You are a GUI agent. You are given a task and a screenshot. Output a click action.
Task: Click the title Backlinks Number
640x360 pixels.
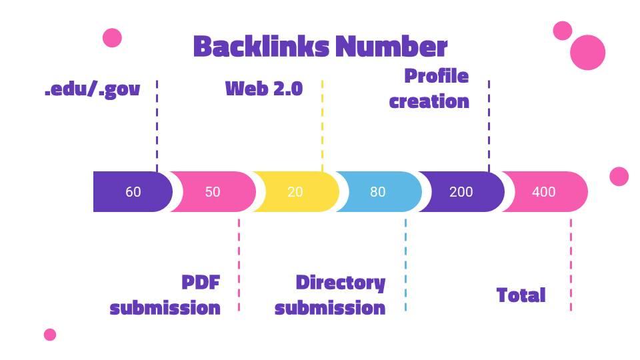[x=320, y=47]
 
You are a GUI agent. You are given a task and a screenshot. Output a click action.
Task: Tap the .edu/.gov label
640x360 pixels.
[x=92, y=89]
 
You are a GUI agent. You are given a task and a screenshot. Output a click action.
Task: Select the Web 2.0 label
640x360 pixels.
[x=263, y=88]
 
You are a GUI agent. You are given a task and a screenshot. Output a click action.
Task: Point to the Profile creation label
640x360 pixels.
[x=430, y=89]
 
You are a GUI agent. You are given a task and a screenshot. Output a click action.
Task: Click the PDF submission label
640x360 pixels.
[x=165, y=295]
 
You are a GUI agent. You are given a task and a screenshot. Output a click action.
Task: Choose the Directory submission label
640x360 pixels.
[x=330, y=295]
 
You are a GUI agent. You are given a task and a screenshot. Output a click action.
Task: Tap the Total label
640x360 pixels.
[x=521, y=295]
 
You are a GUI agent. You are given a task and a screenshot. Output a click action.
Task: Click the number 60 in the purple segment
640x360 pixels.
[x=133, y=192]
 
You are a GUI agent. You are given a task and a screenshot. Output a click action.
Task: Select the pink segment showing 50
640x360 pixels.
[x=213, y=192]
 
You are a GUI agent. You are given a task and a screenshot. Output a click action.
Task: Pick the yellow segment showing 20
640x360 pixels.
[x=295, y=192]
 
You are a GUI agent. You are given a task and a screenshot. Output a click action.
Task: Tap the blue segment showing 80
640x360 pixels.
[x=378, y=192]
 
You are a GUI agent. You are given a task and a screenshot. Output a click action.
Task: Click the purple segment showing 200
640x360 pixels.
[x=461, y=192]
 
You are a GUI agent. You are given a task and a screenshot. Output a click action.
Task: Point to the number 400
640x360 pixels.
[x=543, y=192]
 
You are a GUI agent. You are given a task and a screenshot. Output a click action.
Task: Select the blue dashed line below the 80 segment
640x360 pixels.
[x=405, y=263]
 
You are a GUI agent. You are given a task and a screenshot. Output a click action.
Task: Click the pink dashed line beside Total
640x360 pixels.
[x=571, y=263]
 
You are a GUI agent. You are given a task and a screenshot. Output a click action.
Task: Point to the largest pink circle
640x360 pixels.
[x=587, y=52]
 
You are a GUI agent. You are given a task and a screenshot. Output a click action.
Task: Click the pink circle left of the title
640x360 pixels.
[x=112, y=38]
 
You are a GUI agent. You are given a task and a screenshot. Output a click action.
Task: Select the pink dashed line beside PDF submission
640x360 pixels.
[x=239, y=263]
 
